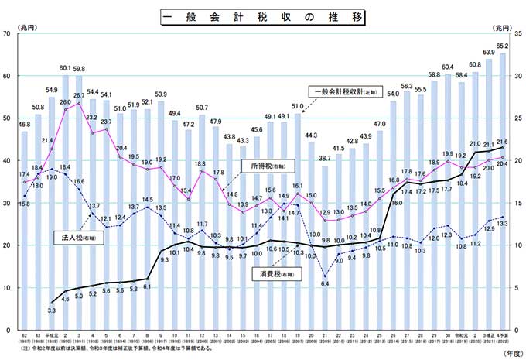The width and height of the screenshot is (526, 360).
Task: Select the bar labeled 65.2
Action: (x=503, y=186)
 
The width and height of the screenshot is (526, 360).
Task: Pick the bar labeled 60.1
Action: (x=65, y=194)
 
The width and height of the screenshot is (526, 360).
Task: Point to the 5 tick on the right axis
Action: (x=516, y=287)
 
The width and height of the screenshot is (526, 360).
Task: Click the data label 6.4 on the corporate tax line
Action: (x=326, y=284)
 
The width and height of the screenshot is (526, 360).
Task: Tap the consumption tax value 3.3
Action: (x=52, y=310)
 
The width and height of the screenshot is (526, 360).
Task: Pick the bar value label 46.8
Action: (x=24, y=124)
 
